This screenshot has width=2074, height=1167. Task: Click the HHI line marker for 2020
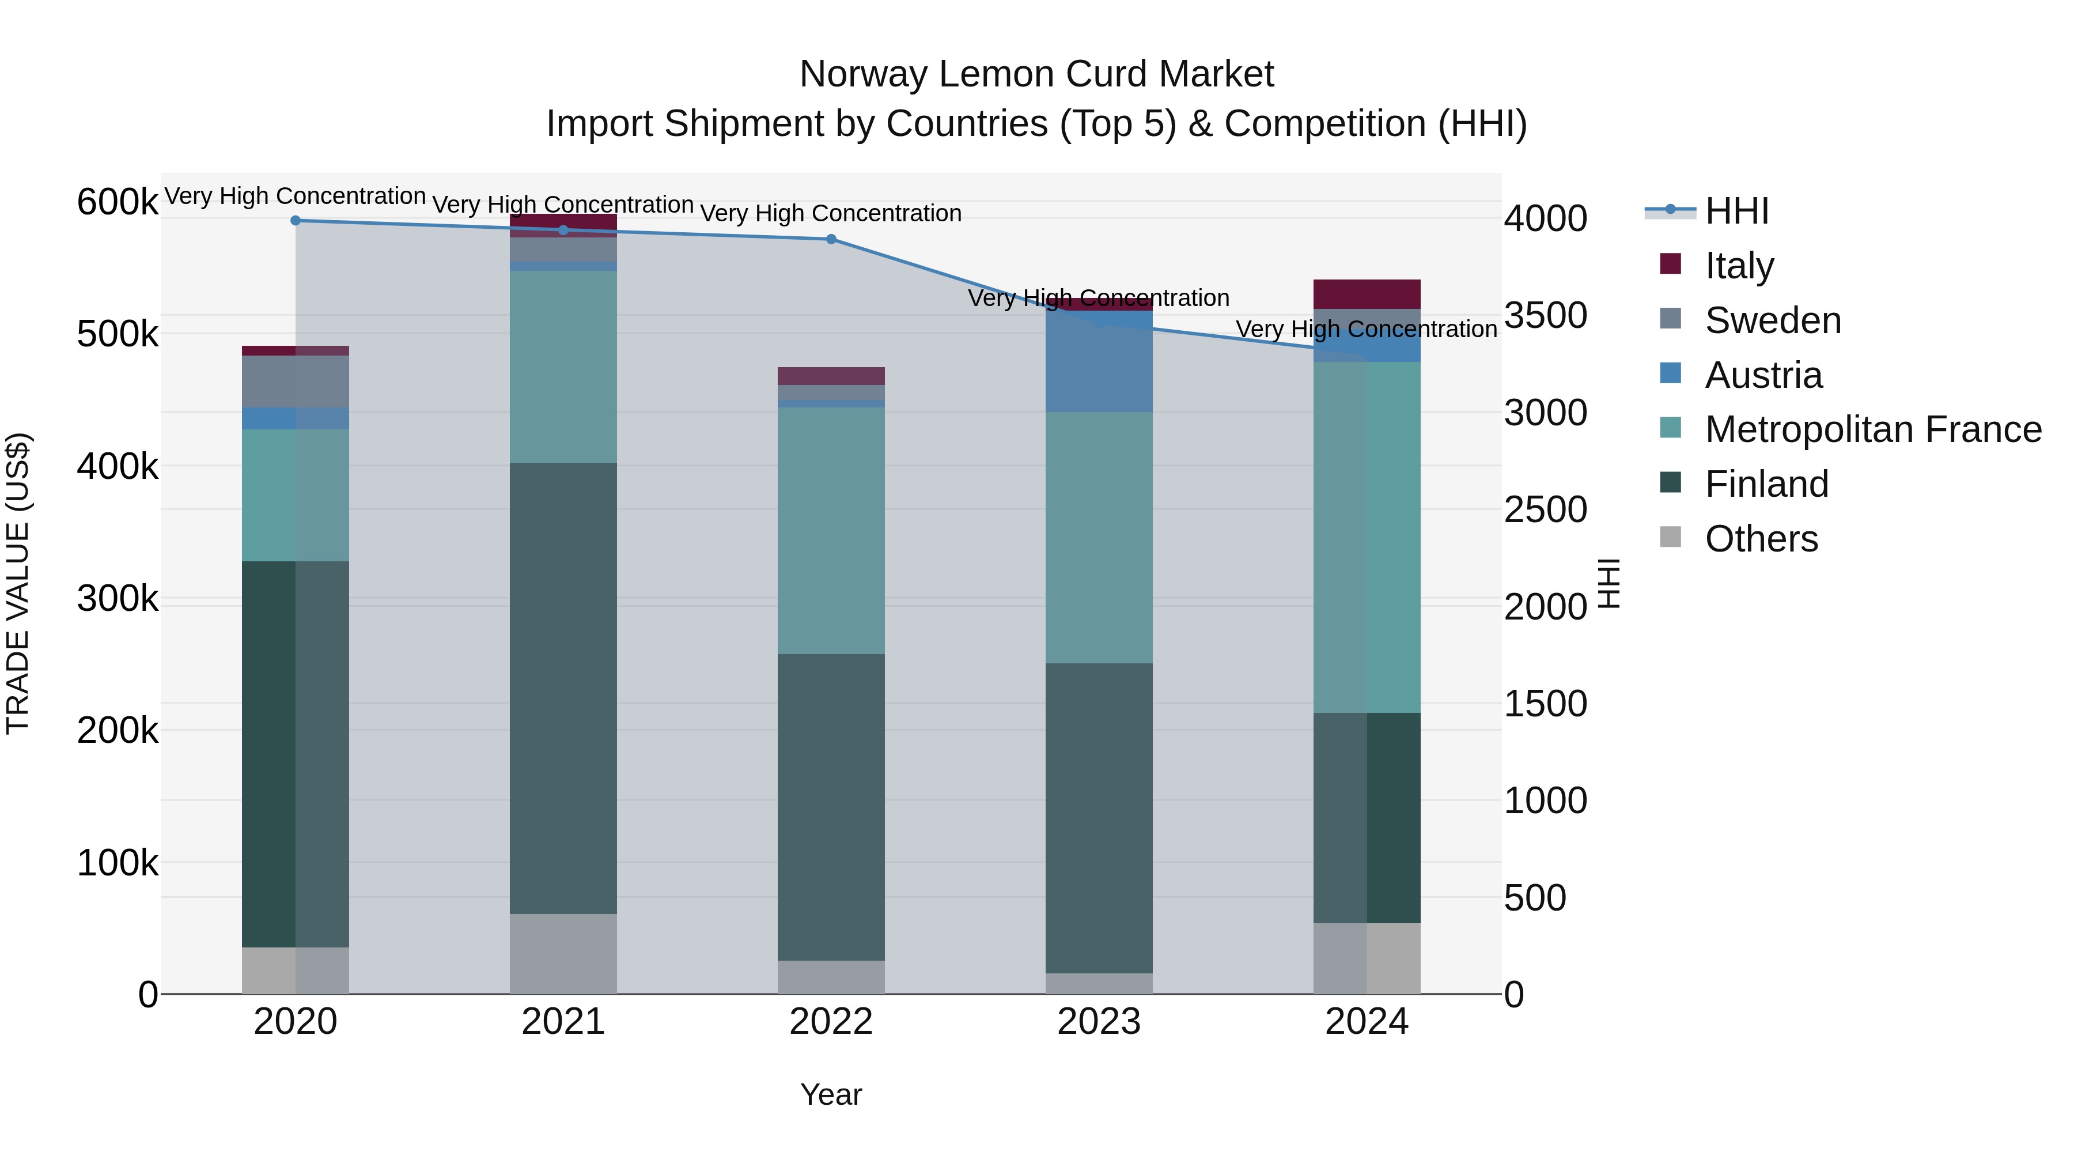click(296, 221)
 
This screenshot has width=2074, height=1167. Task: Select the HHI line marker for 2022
click(831, 239)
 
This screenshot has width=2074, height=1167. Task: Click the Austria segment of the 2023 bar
click(1099, 362)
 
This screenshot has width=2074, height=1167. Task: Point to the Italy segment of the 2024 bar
click(1367, 294)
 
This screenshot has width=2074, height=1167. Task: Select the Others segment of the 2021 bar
click(563, 954)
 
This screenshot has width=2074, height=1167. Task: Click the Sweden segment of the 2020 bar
click(296, 381)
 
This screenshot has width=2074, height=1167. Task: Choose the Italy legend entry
click(1739, 266)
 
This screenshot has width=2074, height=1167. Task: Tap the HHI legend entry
click(1736, 211)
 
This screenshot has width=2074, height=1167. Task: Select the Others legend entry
click(1761, 539)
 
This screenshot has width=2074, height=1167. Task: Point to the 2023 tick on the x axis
click(1099, 1022)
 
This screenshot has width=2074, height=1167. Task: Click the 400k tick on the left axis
click(118, 466)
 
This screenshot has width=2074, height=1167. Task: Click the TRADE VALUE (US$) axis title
click(18, 583)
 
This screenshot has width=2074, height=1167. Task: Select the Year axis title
click(831, 1094)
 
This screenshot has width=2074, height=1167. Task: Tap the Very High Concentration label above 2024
click(1367, 330)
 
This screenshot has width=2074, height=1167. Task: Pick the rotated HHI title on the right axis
click(1608, 583)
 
